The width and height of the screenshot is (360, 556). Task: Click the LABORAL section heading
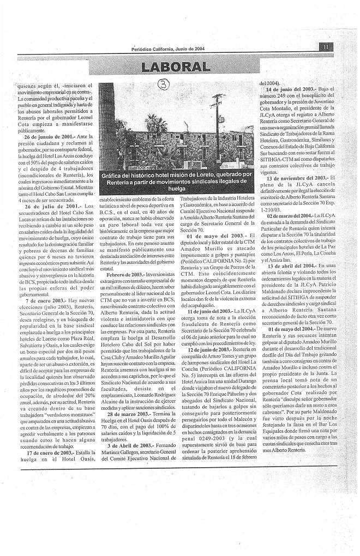175,67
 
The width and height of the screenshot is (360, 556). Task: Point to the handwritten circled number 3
163,84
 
